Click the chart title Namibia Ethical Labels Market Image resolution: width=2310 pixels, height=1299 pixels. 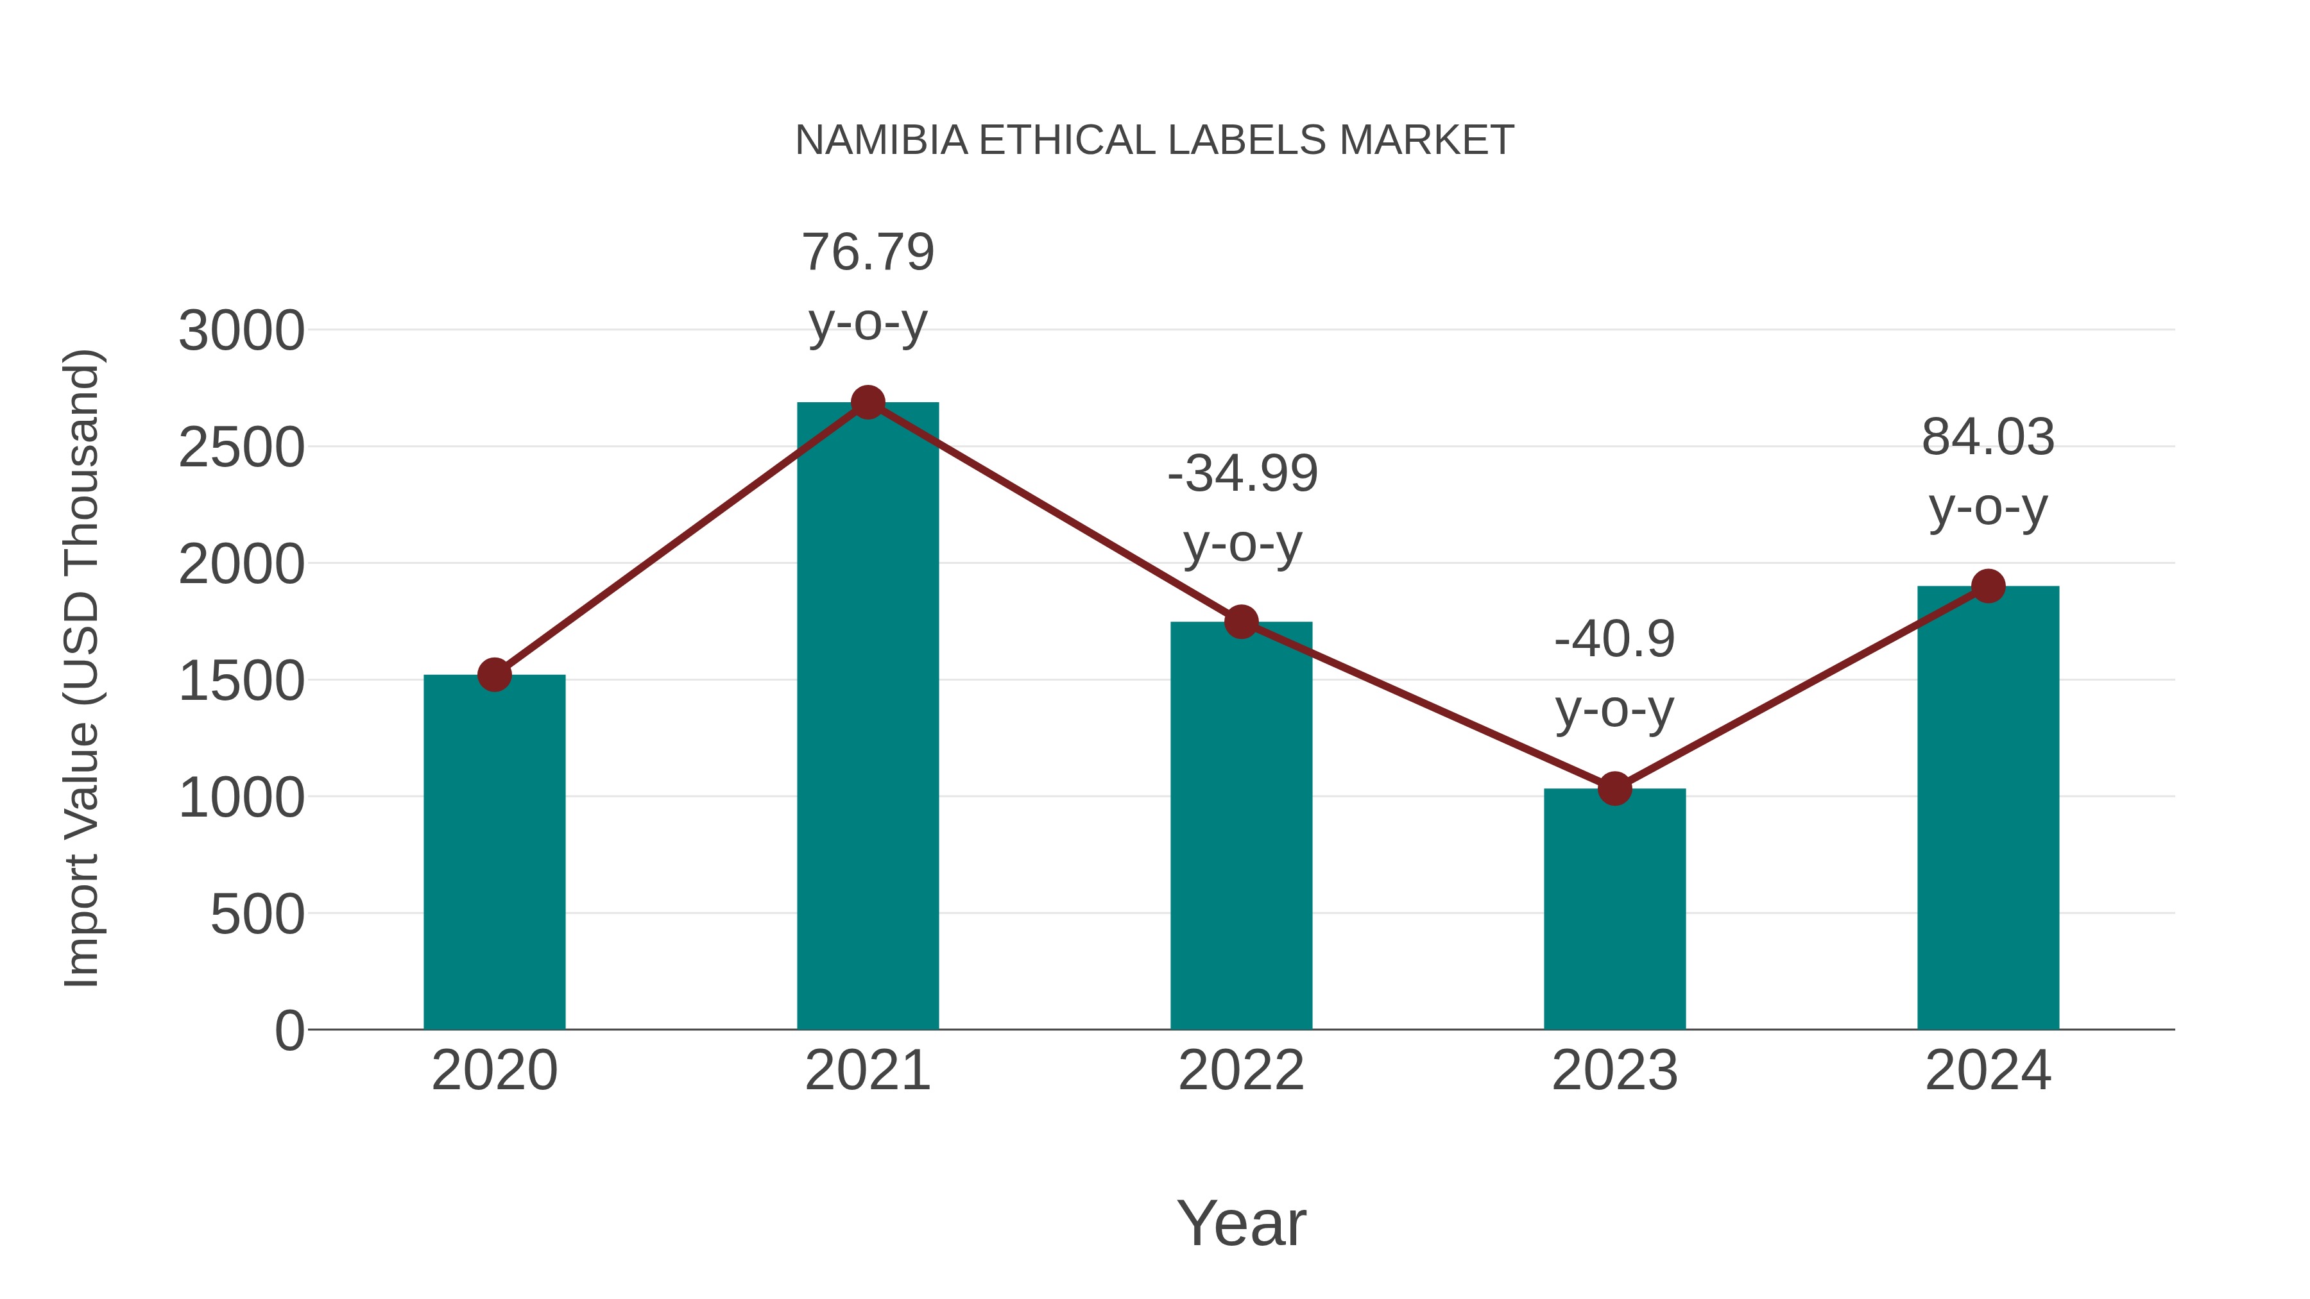click(x=1154, y=140)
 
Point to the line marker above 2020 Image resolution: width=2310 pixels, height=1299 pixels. click(x=494, y=675)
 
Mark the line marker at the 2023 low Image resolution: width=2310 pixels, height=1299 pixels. click(x=1614, y=789)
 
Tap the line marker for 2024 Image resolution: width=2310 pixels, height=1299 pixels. click(x=1988, y=586)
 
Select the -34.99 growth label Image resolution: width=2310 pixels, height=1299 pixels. click(x=1242, y=474)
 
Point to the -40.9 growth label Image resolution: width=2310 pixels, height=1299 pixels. click(x=1614, y=640)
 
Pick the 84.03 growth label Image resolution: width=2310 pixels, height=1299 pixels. click(x=1988, y=438)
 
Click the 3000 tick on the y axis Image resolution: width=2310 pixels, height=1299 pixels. click(x=241, y=331)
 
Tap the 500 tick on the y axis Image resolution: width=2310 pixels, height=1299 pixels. click(x=257, y=915)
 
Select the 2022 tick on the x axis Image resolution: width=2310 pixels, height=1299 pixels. click(x=1241, y=1071)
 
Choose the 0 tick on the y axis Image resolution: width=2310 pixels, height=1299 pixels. click(x=289, y=1031)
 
